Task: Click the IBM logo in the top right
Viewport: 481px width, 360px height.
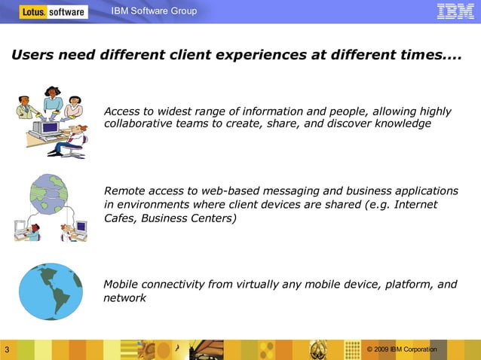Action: pyautogui.click(x=455, y=11)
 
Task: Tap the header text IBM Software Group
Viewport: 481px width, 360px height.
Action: pyautogui.click(x=154, y=11)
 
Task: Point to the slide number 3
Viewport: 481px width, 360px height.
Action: pyautogui.click(x=6, y=350)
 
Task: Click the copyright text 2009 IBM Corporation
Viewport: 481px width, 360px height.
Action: pyautogui.click(x=404, y=349)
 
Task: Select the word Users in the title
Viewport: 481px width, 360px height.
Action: pyautogui.click(x=31, y=56)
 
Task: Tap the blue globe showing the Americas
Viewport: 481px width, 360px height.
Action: pyautogui.click(x=51, y=291)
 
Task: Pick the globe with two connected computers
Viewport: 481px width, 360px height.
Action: pyautogui.click(x=51, y=208)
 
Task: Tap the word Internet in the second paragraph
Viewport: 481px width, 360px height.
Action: pyautogui.click(x=415, y=204)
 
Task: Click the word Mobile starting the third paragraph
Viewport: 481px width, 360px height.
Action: pyautogui.click(x=121, y=284)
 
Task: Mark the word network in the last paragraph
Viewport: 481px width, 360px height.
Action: pyautogui.click(x=124, y=298)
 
